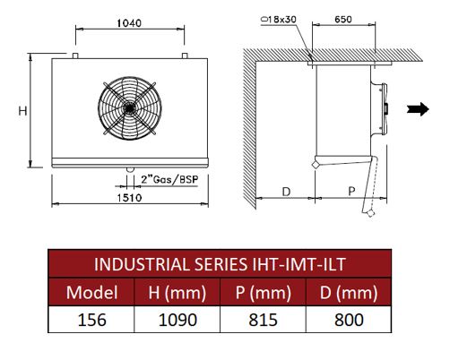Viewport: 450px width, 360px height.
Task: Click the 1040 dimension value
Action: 129,23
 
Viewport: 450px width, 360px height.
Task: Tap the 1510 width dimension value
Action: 129,197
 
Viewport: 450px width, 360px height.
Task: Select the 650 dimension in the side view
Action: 343,20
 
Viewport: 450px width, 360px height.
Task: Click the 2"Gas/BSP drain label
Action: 169,179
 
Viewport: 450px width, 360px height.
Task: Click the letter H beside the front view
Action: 22,111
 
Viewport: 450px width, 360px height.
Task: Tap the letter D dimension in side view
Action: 286,192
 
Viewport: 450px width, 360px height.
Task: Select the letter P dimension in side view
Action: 352,191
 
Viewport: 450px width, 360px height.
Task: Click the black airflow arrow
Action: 418,109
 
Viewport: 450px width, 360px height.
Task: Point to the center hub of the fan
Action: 130,108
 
